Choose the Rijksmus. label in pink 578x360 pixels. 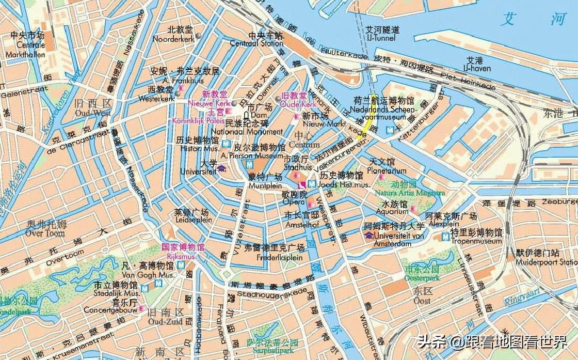pyautogui.click(x=182, y=256)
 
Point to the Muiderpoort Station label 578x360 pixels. pyautogui.click(x=547, y=262)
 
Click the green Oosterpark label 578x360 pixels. pyautogui.click(x=422, y=277)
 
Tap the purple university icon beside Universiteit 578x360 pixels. pyautogui.click(x=221, y=168)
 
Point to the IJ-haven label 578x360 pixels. pyautogui.click(x=473, y=68)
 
